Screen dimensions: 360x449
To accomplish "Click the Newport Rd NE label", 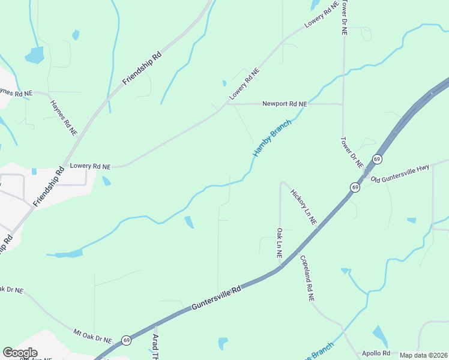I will pyautogui.click(x=285, y=104).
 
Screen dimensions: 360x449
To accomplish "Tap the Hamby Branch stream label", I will pyautogui.click(x=272, y=139).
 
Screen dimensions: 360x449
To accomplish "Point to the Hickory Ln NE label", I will pyautogui.click(x=304, y=208).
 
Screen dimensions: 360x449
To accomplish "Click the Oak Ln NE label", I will pyautogui.click(x=280, y=242).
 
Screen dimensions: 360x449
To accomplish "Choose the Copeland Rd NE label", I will pyautogui.click(x=307, y=278).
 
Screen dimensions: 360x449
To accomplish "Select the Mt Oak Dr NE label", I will pyautogui.click(x=92, y=335).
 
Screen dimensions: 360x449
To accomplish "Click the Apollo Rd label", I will pyautogui.click(x=376, y=353).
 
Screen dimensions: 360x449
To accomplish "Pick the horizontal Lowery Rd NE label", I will pyautogui.click(x=91, y=166).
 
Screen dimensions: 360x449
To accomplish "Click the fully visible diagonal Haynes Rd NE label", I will pyautogui.click(x=64, y=117).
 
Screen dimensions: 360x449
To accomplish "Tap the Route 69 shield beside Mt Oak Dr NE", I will pyautogui.click(x=126, y=340).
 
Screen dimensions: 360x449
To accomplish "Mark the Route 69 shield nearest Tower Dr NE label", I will pyautogui.click(x=376, y=159).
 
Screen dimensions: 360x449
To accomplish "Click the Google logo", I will pyautogui.click(x=20, y=353).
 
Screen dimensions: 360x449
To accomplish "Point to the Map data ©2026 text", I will pyautogui.click(x=423, y=355).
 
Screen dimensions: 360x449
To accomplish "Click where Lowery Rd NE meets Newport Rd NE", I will pyautogui.click(x=227, y=103).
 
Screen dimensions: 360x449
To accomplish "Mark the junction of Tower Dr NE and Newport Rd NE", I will pyautogui.click(x=343, y=104).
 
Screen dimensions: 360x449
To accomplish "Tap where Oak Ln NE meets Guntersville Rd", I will pyautogui.click(x=279, y=269).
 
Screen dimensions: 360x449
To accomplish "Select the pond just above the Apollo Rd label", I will pyautogui.click(x=380, y=337).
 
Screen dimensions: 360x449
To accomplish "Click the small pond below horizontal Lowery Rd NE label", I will pyautogui.click(x=106, y=181).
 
